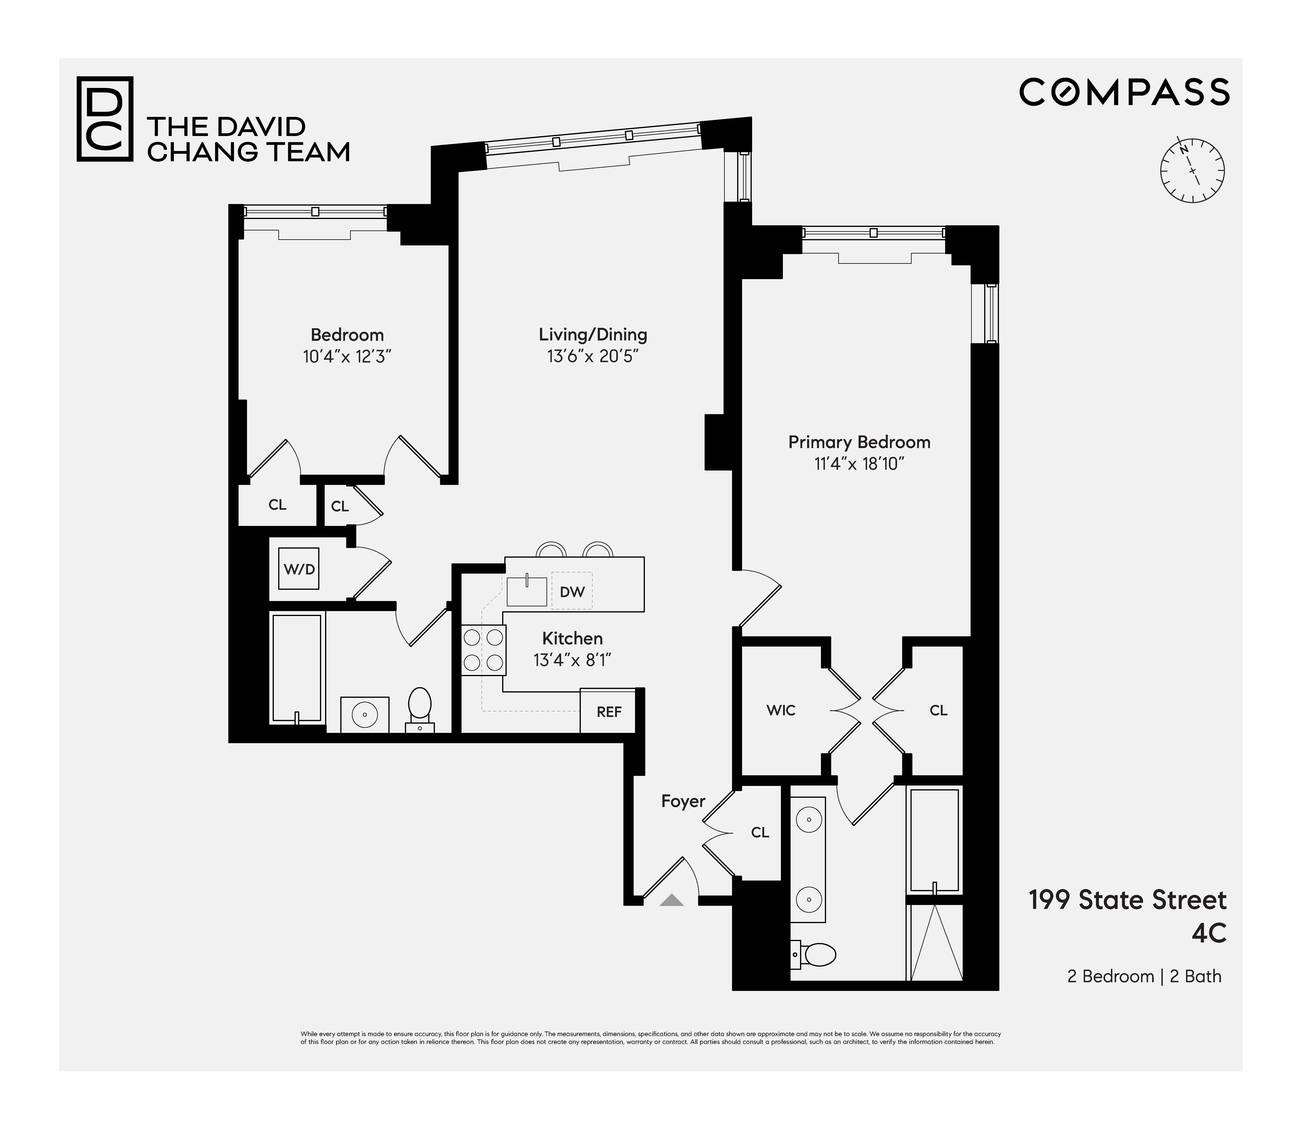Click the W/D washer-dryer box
[x=299, y=568]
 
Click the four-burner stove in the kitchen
[x=483, y=650]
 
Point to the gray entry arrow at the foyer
[x=671, y=900]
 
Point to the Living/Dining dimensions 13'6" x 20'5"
[x=592, y=356]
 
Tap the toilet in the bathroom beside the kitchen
[x=420, y=708]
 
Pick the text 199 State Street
[x=1127, y=900]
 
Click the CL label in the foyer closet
[x=760, y=832]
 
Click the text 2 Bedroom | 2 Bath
[x=1144, y=976]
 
